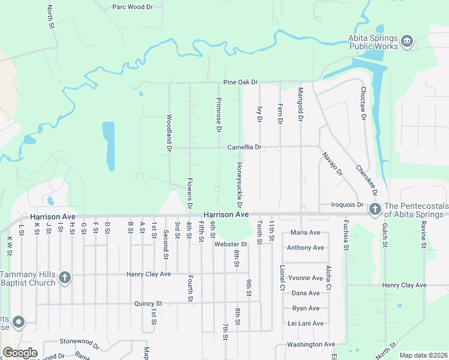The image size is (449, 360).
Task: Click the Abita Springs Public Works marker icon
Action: click(x=408, y=41)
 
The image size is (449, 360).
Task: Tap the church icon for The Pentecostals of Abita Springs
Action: click(x=375, y=209)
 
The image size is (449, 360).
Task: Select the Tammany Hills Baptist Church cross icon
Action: click(x=65, y=278)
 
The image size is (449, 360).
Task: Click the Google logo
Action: click(x=20, y=352)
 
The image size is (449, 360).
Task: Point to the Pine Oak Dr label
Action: click(x=240, y=82)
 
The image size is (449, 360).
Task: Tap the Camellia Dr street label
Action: click(x=244, y=147)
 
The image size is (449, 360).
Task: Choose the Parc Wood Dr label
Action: click(x=133, y=7)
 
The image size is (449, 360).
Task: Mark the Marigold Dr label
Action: click(x=300, y=105)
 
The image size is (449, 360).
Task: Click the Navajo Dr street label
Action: click(x=331, y=163)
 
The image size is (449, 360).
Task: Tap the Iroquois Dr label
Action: click(x=344, y=205)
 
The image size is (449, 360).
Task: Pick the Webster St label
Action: click(x=230, y=244)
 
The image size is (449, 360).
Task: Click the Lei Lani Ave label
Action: click(x=306, y=323)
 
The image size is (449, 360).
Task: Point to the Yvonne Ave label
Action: click(x=305, y=278)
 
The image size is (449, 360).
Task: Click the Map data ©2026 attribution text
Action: click(x=423, y=355)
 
